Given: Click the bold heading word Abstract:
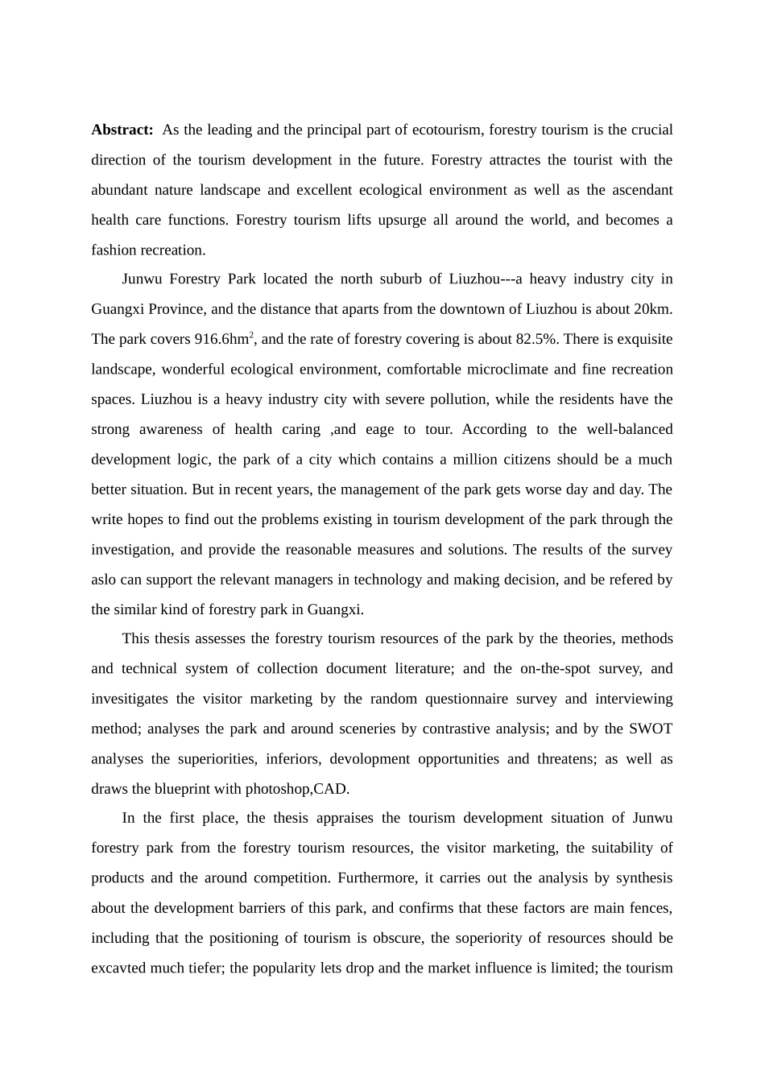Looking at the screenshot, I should (122, 130).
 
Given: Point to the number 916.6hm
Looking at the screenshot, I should (221, 340).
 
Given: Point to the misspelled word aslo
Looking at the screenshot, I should (104, 580).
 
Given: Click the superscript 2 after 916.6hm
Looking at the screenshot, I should (251, 335).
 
